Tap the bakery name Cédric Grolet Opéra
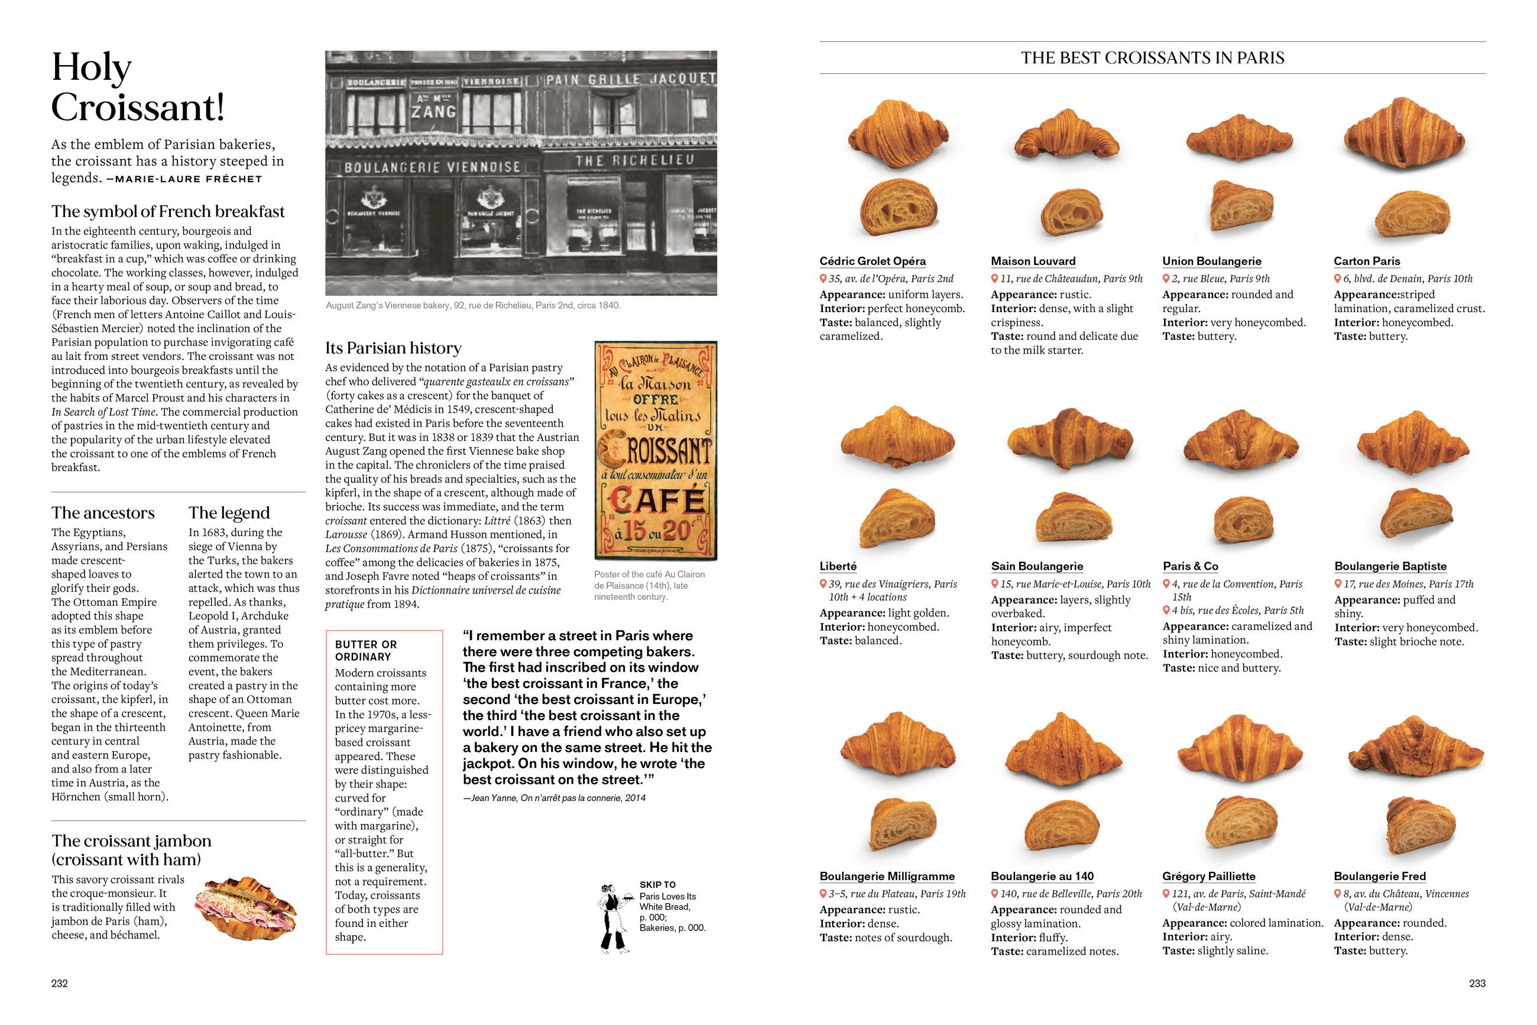tap(872, 261)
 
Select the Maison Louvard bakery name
tap(1033, 261)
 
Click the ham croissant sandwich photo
tap(249, 908)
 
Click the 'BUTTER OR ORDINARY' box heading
tap(365, 650)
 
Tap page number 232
tap(60, 983)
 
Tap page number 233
tap(1477, 983)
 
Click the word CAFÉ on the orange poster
tap(657, 501)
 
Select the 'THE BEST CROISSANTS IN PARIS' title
tap(1152, 58)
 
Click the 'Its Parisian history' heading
tap(393, 348)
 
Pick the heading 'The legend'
tap(229, 512)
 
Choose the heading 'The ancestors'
tap(103, 512)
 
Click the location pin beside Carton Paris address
tap(1338, 278)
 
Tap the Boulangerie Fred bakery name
tap(1379, 877)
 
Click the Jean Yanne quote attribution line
tap(554, 798)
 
